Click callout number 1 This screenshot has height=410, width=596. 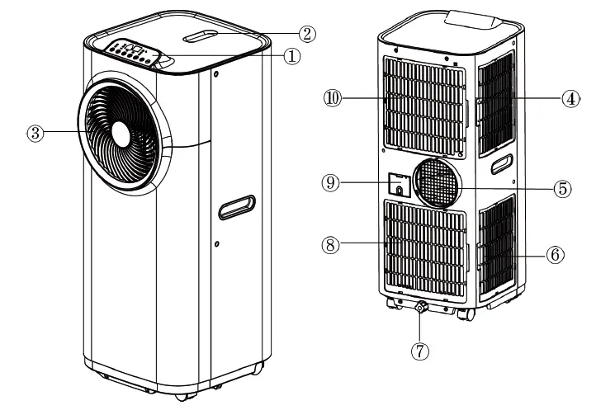pyautogui.click(x=289, y=57)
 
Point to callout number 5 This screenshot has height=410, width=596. pyautogui.click(x=561, y=188)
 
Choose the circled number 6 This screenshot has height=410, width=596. pyautogui.click(x=556, y=255)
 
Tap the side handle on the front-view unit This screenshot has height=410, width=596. pyautogui.click(x=239, y=206)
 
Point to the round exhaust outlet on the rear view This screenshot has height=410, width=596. pyautogui.click(x=438, y=184)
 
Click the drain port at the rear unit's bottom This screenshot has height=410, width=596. pyautogui.click(x=420, y=309)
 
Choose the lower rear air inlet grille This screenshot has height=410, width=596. pyautogui.click(x=426, y=248)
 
